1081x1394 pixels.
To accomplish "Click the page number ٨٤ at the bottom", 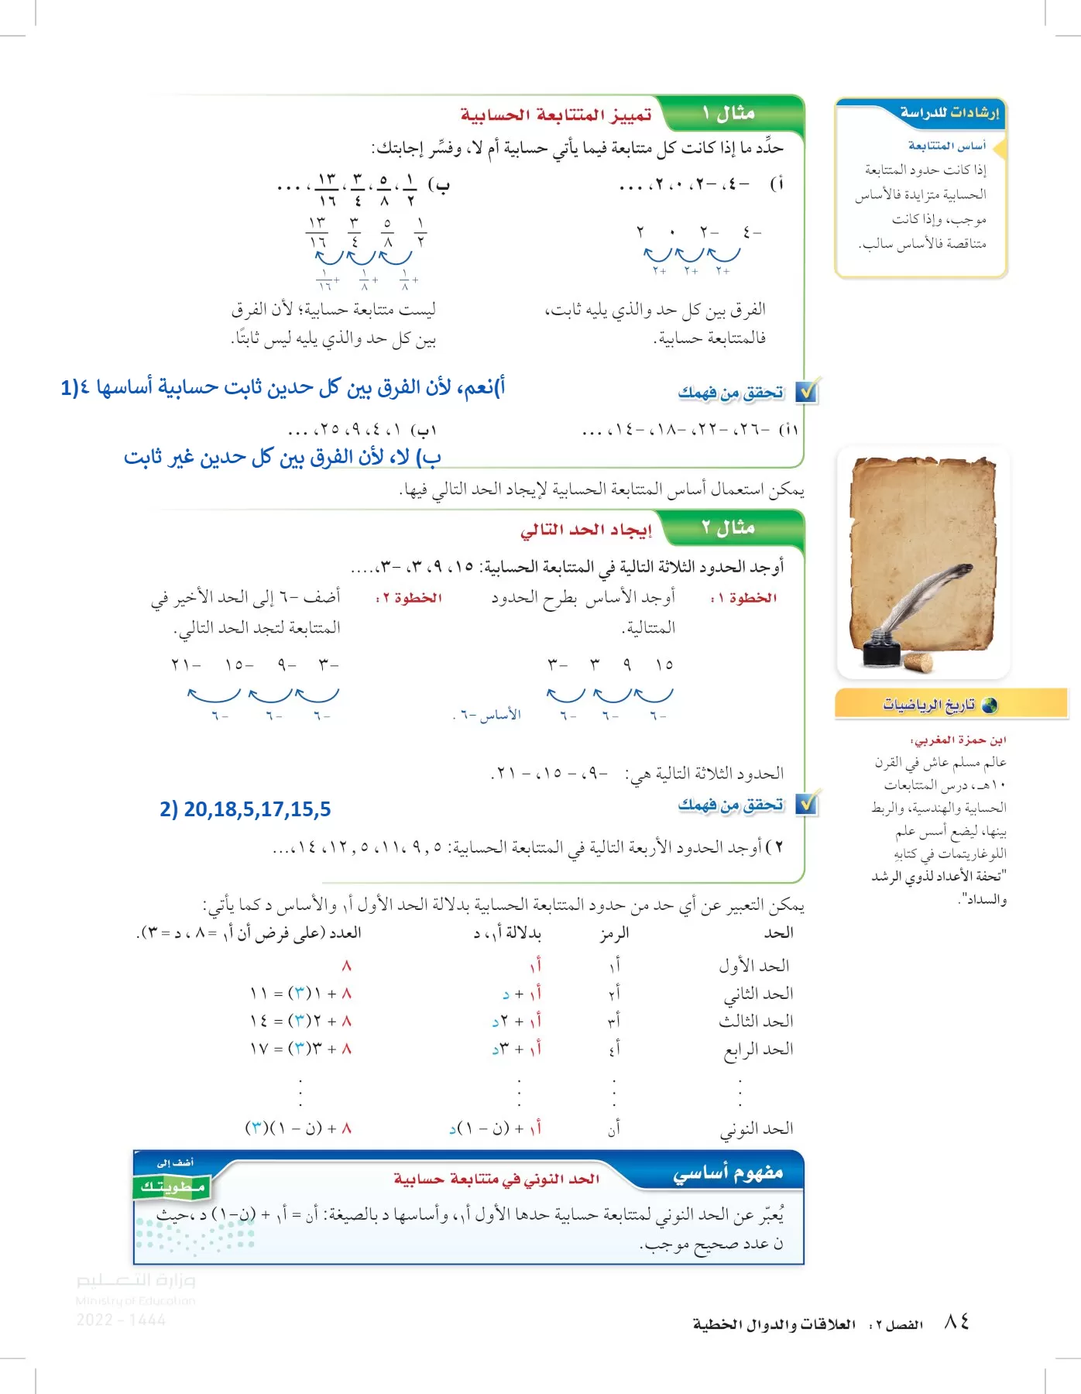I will point(956,1322).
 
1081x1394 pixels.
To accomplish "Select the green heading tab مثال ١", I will point(729,114).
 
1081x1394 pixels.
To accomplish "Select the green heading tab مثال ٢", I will point(729,528).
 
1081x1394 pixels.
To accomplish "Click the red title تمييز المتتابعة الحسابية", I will point(556,115).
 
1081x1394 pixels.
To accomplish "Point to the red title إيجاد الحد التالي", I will point(585,530).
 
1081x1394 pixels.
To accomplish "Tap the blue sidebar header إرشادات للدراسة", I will point(949,113).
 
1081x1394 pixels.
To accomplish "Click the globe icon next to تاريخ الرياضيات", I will point(989,705).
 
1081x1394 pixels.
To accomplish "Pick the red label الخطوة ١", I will point(743,598).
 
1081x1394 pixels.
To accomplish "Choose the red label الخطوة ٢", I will point(408,598).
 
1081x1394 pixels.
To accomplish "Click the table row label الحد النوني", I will point(757,1129).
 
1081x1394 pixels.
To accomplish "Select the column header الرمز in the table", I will point(614,933).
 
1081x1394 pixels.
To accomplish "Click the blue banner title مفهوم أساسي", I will point(727,1174).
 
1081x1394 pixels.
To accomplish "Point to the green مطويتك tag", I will point(172,1186).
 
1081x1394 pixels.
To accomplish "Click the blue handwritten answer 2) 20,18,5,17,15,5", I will point(245,809).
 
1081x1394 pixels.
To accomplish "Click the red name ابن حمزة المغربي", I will point(958,740).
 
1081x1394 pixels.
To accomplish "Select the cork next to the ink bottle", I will point(918,663).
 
